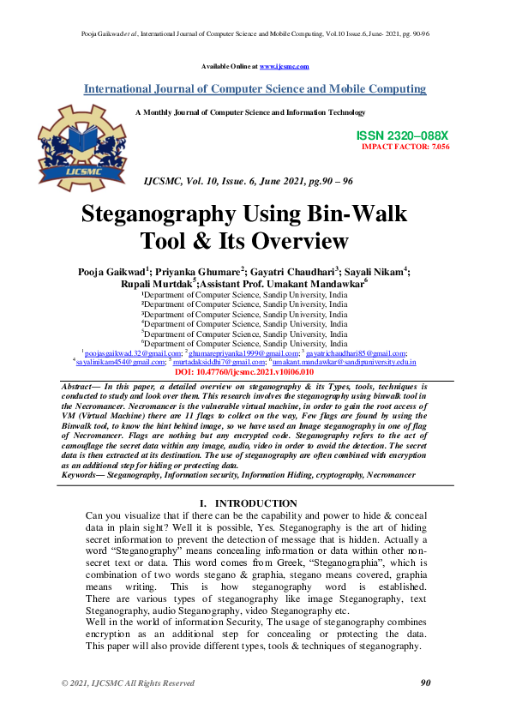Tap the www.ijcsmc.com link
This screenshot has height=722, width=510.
pyautogui.click(x=284, y=66)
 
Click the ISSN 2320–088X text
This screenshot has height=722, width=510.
pyautogui.click(x=402, y=135)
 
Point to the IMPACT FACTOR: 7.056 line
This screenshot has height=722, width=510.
pyautogui.click(x=405, y=147)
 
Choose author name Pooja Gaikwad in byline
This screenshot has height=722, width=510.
pyautogui.click(x=116, y=271)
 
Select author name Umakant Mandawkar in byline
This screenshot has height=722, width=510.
pyautogui.click(x=318, y=282)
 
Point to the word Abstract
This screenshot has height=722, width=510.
pyautogui.click(x=76, y=387)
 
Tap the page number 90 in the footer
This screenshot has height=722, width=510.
pyautogui.click(x=425, y=683)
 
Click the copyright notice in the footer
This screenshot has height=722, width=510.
pyautogui.click(x=127, y=683)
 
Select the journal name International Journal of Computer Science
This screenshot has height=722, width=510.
pyautogui.click(x=255, y=89)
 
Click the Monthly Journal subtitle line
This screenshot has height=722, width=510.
pyautogui.click(x=250, y=112)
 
